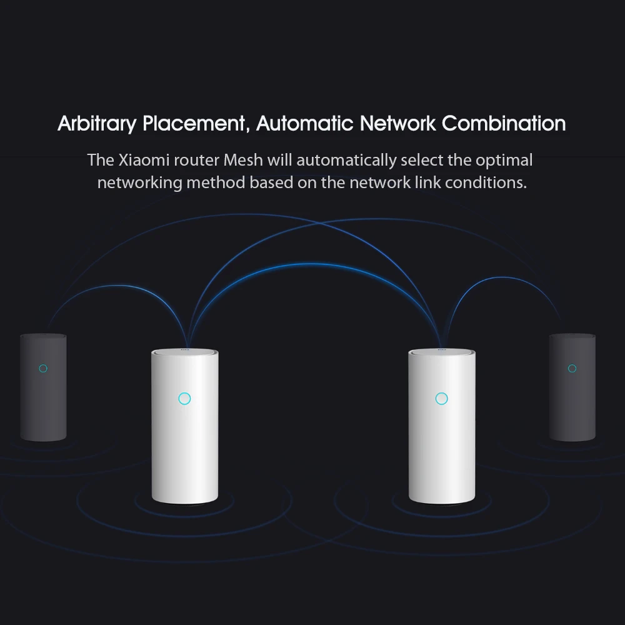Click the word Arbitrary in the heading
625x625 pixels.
coord(97,123)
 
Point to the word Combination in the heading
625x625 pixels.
coord(504,123)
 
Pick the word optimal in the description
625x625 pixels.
coord(504,160)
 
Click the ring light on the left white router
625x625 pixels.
coord(184,398)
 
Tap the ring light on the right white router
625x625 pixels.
coord(441,398)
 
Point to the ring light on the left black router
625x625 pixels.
coord(43,368)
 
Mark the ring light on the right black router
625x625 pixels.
coord(572,368)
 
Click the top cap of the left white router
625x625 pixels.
coord(184,353)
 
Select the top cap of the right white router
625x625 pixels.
coord(441,353)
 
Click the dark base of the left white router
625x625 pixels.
coord(184,501)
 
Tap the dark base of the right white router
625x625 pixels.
coord(441,501)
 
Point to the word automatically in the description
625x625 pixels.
coord(346,160)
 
